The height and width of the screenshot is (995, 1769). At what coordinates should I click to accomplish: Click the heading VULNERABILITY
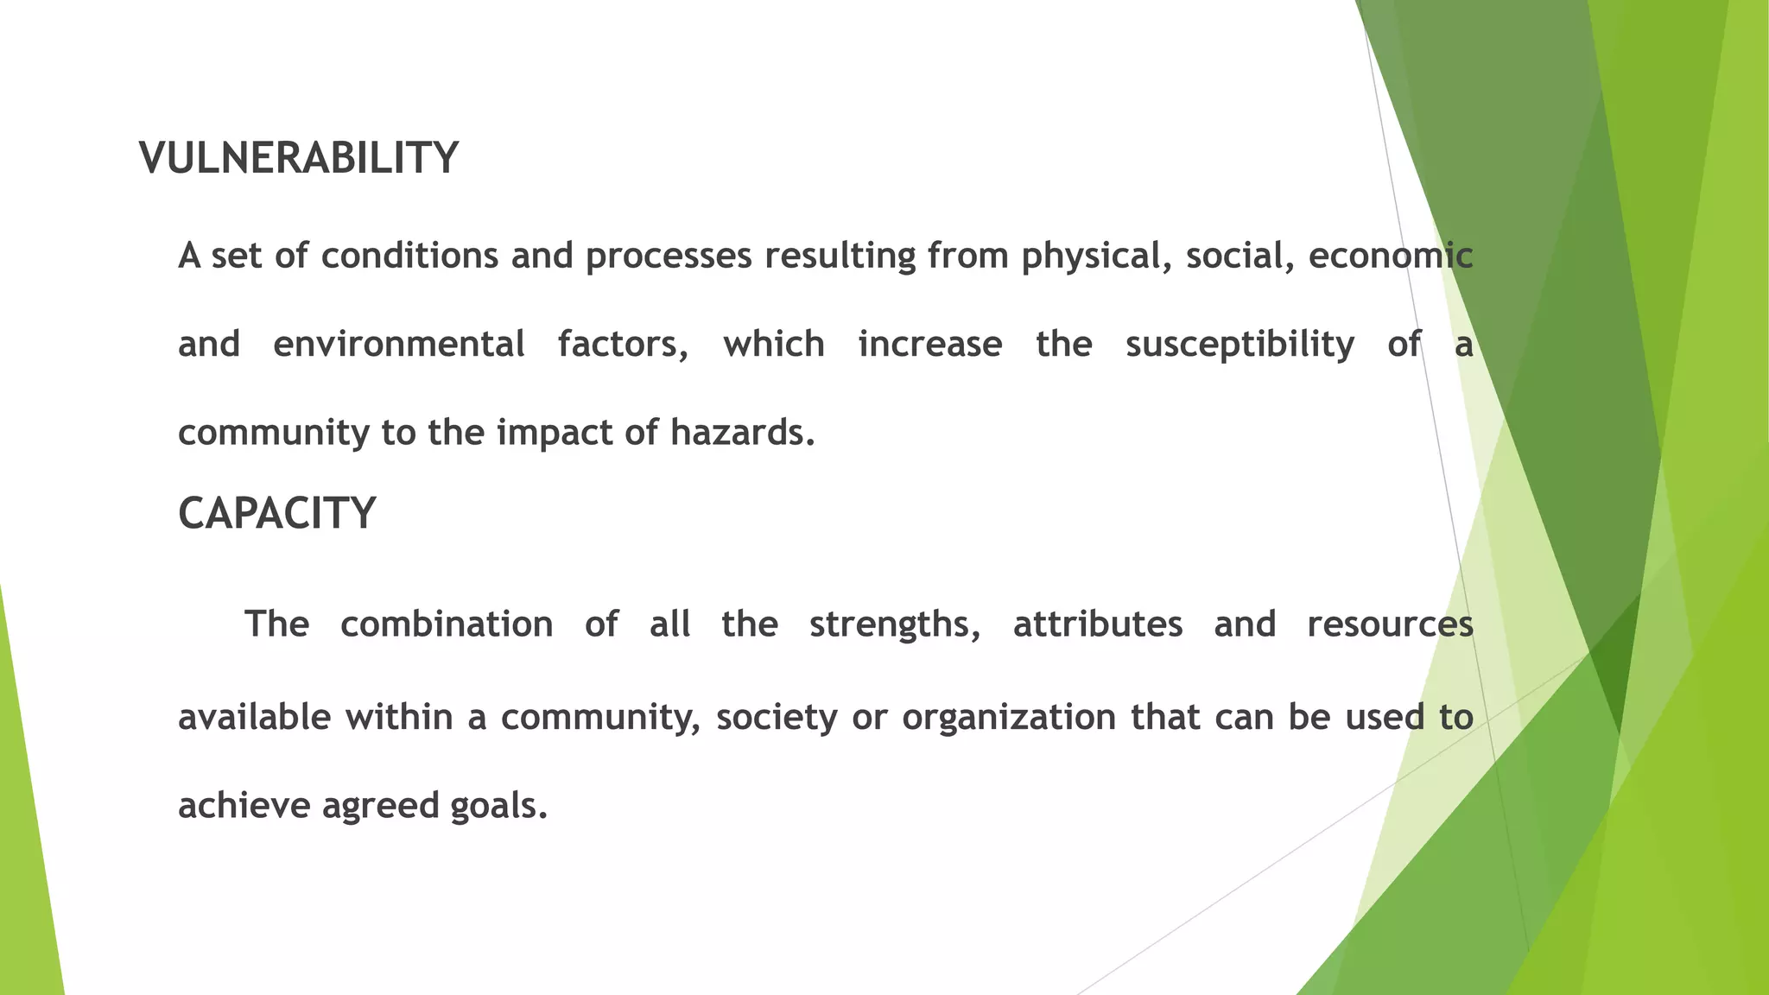298,158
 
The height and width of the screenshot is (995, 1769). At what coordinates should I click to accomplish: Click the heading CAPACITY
276,513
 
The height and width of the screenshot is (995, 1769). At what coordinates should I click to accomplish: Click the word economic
1390,256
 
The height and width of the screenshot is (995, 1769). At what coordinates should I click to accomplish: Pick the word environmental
398,344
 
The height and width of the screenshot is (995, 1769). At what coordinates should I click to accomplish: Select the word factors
623,344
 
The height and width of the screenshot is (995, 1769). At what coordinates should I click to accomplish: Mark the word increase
929,344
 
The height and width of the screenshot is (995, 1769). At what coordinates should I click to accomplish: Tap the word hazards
742,432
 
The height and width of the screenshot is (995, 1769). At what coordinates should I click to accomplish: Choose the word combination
447,624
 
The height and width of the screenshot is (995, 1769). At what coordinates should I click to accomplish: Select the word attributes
1097,624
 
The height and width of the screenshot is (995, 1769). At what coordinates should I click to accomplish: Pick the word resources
1390,624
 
